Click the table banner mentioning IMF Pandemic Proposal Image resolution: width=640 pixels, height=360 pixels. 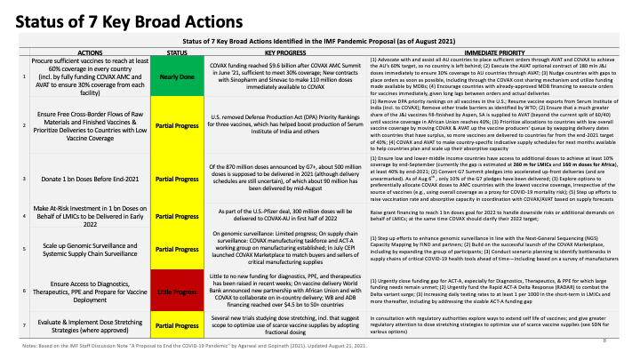click(x=320, y=41)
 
